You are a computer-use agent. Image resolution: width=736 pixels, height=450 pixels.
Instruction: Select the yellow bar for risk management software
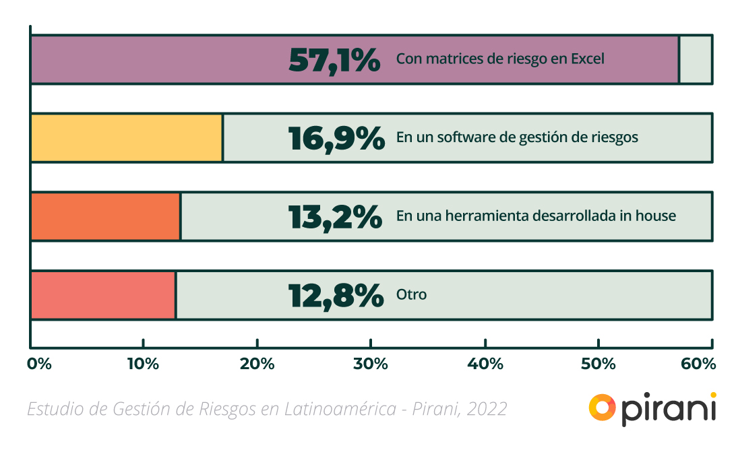click(127, 138)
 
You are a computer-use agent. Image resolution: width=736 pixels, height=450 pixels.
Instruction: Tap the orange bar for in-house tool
click(106, 216)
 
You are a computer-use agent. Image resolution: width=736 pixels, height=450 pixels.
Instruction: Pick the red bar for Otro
click(103, 295)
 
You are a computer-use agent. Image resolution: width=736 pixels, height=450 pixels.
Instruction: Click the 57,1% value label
click(334, 60)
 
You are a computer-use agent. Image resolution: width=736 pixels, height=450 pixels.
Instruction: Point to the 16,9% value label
click(336, 138)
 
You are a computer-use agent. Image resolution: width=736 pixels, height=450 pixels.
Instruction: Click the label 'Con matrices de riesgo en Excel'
click(500, 59)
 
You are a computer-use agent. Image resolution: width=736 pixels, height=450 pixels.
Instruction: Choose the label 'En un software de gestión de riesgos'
click(517, 138)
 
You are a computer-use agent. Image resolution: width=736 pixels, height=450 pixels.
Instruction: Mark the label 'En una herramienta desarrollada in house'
click(536, 216)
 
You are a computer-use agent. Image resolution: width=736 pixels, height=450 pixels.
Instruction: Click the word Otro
click(411, 295)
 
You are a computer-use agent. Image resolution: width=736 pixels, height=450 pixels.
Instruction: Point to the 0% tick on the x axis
click(39, 364)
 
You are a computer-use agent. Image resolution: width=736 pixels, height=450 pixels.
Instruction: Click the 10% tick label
click(143, 364)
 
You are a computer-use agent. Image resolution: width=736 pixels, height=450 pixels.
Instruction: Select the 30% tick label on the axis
click(371, 364)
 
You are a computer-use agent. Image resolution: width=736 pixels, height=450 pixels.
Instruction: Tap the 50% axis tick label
click(599, 364)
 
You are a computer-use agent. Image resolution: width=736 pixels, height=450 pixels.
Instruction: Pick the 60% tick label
click(699, 364)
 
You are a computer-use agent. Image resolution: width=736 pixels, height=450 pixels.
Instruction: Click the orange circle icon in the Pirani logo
click(602, 407)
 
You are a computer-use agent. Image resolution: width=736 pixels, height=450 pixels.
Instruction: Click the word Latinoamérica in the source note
click(340, 409)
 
